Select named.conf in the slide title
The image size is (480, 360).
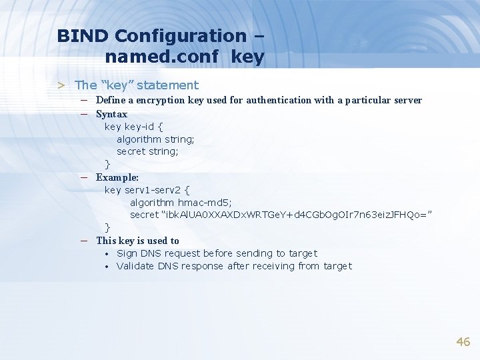(161, 57)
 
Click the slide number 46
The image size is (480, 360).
(463, 342)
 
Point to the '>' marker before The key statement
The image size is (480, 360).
(61, 85)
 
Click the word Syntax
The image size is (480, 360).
(111, 114)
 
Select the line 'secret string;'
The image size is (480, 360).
(147, 151)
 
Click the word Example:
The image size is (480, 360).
(117, 177)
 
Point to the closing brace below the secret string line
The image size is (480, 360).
(107, 227)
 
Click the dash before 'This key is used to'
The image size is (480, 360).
(85, 241)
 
